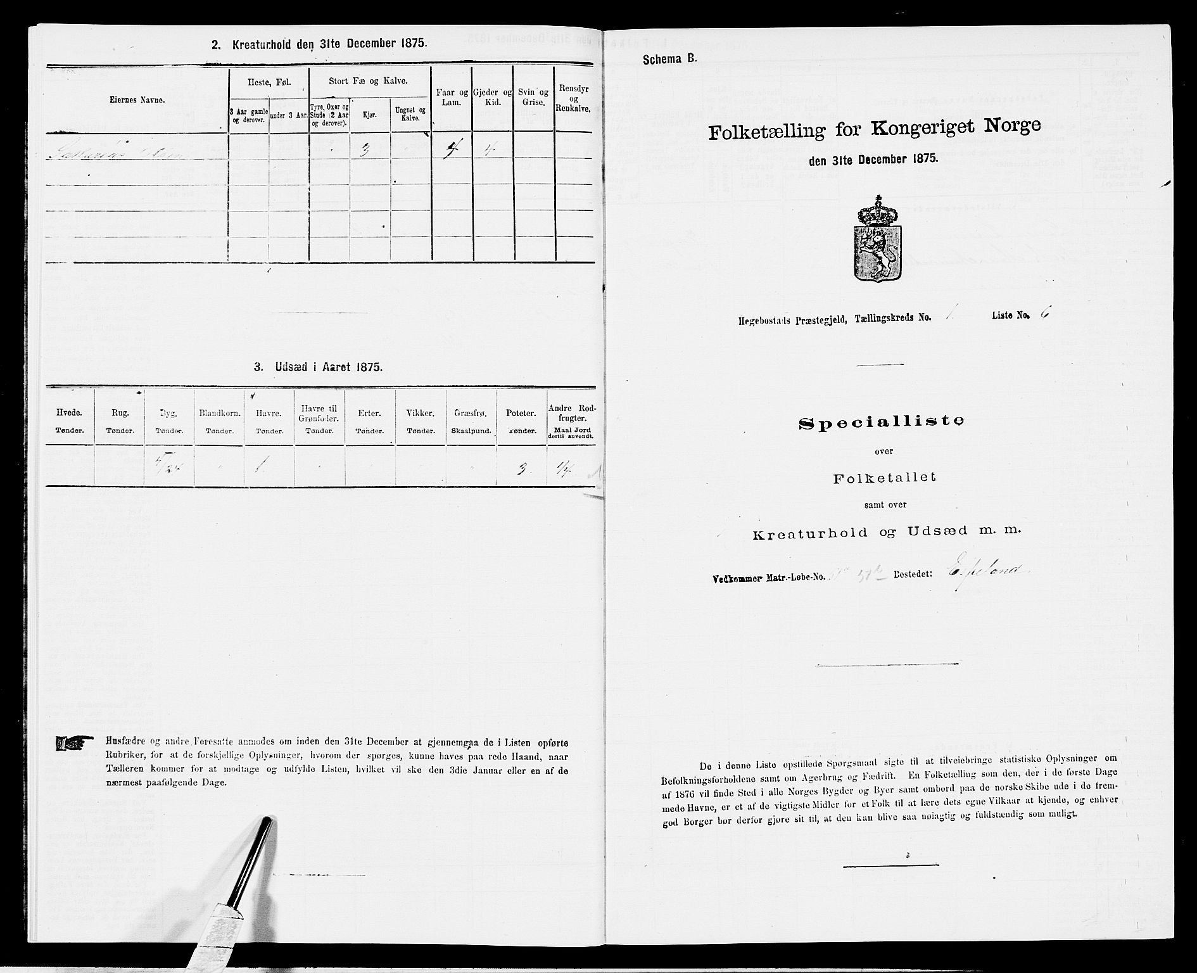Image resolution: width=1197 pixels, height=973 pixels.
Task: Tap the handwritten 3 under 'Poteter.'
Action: click(x=520, y=470)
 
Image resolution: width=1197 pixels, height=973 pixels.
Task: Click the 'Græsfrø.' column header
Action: click(x=471, y=419)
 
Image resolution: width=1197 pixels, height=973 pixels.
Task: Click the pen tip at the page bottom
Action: click(x=266, y=824)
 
